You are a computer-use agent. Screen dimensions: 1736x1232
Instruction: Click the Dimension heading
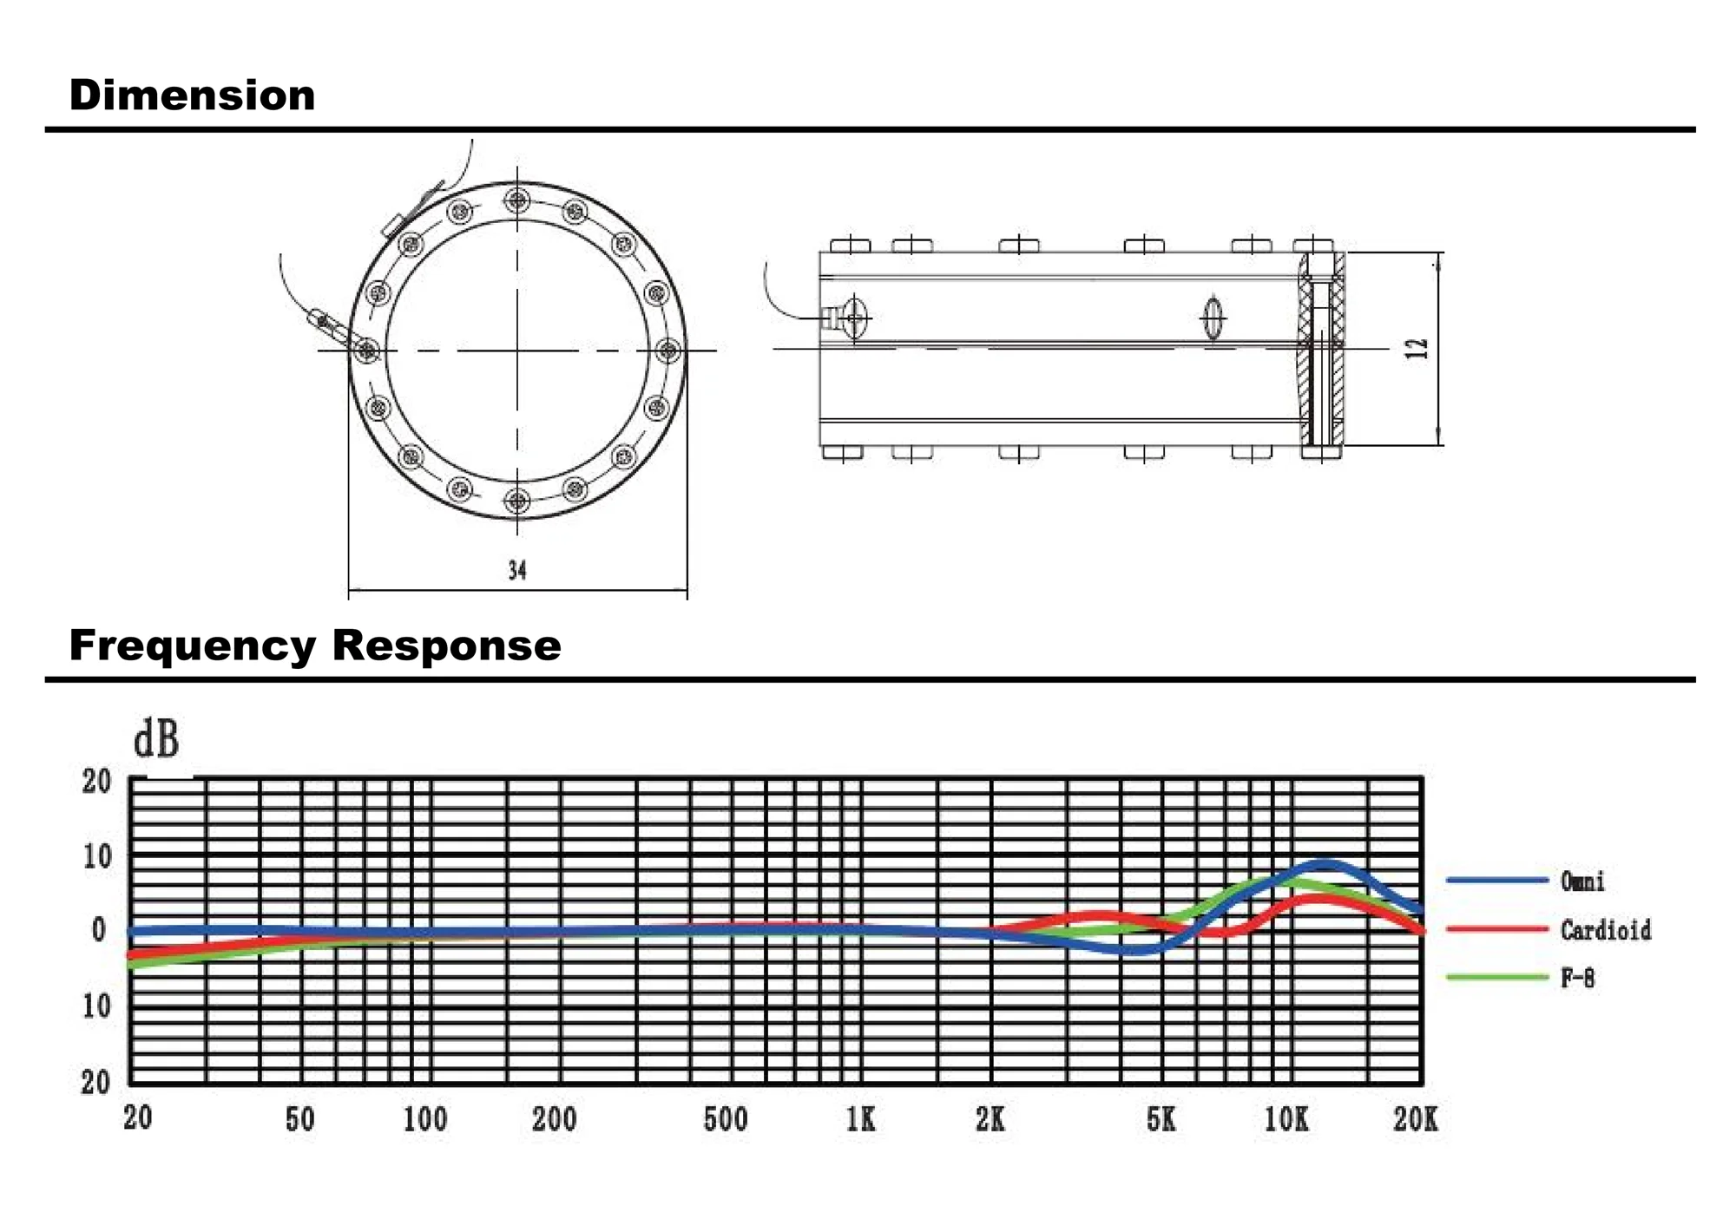[192, 95]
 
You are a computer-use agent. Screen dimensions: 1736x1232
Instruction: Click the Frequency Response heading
[315, 645]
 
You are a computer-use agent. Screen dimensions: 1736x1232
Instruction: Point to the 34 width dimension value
[517, 570]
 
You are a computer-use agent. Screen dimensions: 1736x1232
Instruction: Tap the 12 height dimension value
[1416, 349]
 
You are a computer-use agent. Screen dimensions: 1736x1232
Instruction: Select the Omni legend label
[1582, 881]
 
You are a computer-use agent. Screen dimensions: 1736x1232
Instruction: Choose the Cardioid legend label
[1606, 930]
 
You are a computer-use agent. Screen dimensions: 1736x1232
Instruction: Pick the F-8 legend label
[1577, 979]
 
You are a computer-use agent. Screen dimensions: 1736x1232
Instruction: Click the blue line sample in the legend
[1497, 881]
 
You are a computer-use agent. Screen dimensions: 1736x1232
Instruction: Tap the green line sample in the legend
[1497, 978]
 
